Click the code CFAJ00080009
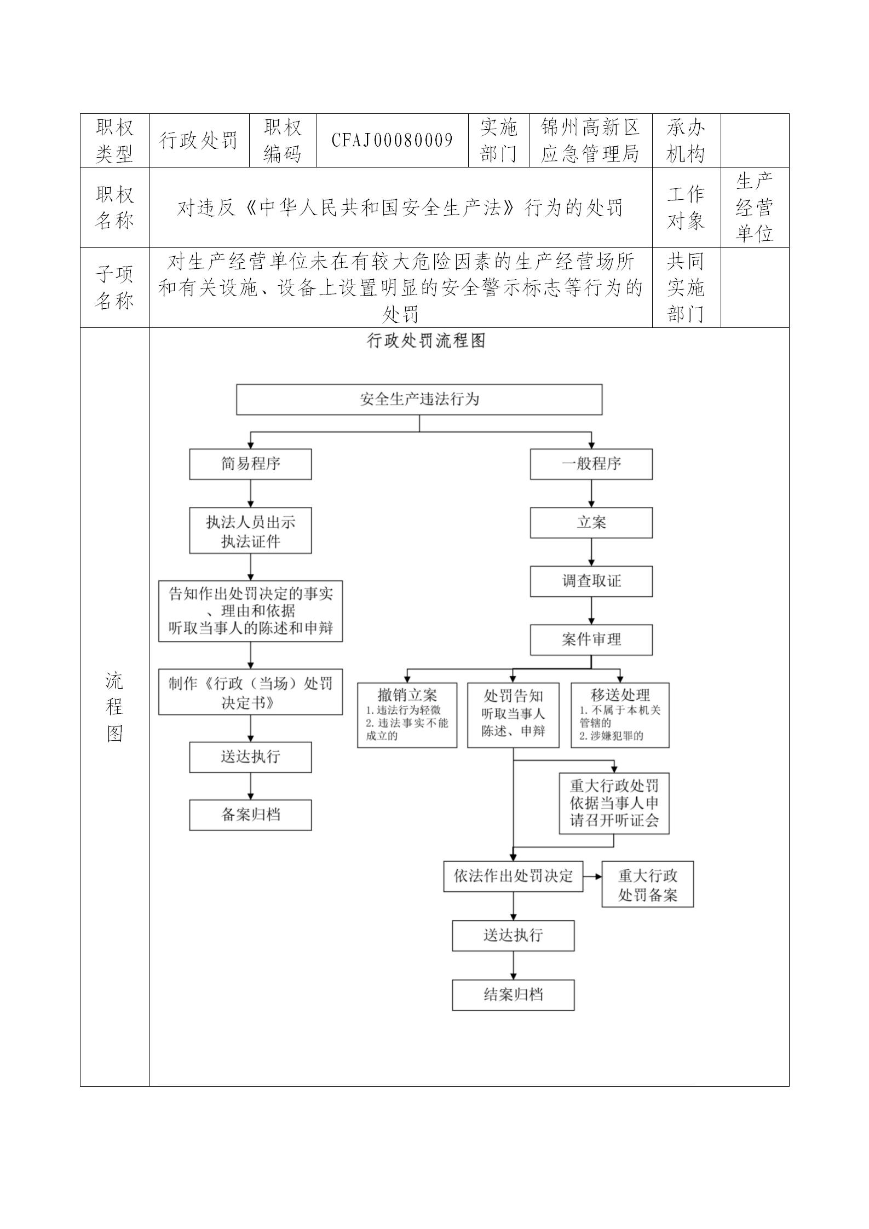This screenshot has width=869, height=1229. tap(392, 141)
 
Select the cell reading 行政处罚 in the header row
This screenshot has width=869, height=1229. tap(199, 141)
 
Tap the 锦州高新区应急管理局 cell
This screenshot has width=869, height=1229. tap(590, 141)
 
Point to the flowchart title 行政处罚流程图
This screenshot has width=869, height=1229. tap(425, 341)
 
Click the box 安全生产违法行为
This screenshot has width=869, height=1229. tap(419, 399)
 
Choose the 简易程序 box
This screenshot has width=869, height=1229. tap(250, 464)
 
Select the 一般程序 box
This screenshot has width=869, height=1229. tap(591, 464)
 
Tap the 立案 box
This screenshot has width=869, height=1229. tap(591, 523)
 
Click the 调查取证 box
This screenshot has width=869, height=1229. tap(591, 581)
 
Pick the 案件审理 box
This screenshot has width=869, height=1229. tap(591, 639)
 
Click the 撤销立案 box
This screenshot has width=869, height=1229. tap(407, 715)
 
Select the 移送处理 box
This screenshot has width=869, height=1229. tap(619, 715)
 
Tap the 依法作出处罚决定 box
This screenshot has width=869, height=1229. tap(513, 876)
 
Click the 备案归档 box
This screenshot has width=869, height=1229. tap(250, 815)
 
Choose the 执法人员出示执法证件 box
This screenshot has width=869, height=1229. tap(250, 530)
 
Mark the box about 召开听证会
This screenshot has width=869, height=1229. tap(614, 803)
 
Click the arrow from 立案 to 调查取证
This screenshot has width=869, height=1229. tap(591, 552)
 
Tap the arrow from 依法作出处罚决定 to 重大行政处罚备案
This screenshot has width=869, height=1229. tap(592, 876)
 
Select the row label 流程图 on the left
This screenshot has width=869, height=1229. tap(114, 707)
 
